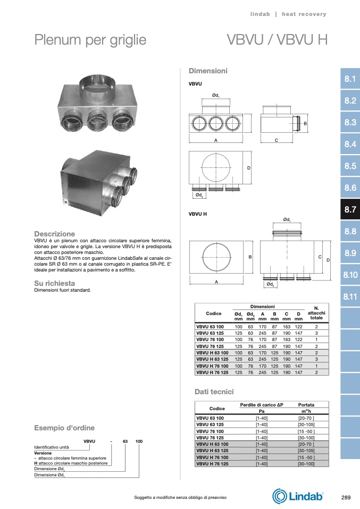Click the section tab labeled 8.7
click(x=350, y=209)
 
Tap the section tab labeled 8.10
click(x=350, y=275)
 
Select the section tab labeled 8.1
click(x=350, y=79)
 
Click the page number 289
click(x=346, y=497)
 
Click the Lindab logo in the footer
click(x=298, y=496)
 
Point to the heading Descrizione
click(x=55, y=234)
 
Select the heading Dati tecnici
click(x=214, y=392)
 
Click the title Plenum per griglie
click(x=90, y=40)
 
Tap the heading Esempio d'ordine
click(x=64, y=428)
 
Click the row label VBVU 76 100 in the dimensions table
click(x=210, y=340)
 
